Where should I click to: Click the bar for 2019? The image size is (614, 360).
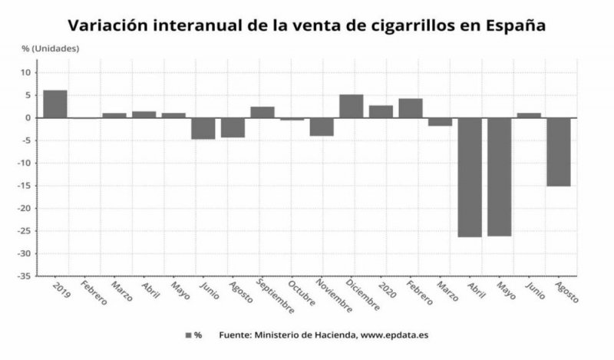(55, 104)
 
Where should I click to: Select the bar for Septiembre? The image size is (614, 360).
(262, 112)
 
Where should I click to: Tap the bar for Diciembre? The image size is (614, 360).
(352, 106)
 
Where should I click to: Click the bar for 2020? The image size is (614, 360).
(381, 111)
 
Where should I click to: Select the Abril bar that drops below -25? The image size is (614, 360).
(470, 177)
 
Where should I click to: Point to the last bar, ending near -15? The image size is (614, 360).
(559, 152)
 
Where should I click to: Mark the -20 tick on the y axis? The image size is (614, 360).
(27, 208)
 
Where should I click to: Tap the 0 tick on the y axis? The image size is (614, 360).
(28, 117)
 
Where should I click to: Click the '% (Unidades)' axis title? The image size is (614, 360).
(51, 48)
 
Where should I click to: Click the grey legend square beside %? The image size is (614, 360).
(188, 335)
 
